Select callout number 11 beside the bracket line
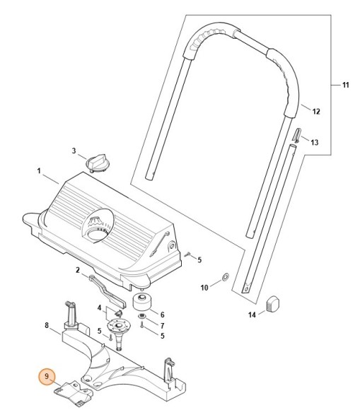pos(345,86)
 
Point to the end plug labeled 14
pos(274,304)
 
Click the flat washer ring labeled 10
pos(224,276)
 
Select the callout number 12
pos(316,112)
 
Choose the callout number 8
pos(47,326)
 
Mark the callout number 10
pos(204,287)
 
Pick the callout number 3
pos(73,151)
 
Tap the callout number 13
pos(315,142)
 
